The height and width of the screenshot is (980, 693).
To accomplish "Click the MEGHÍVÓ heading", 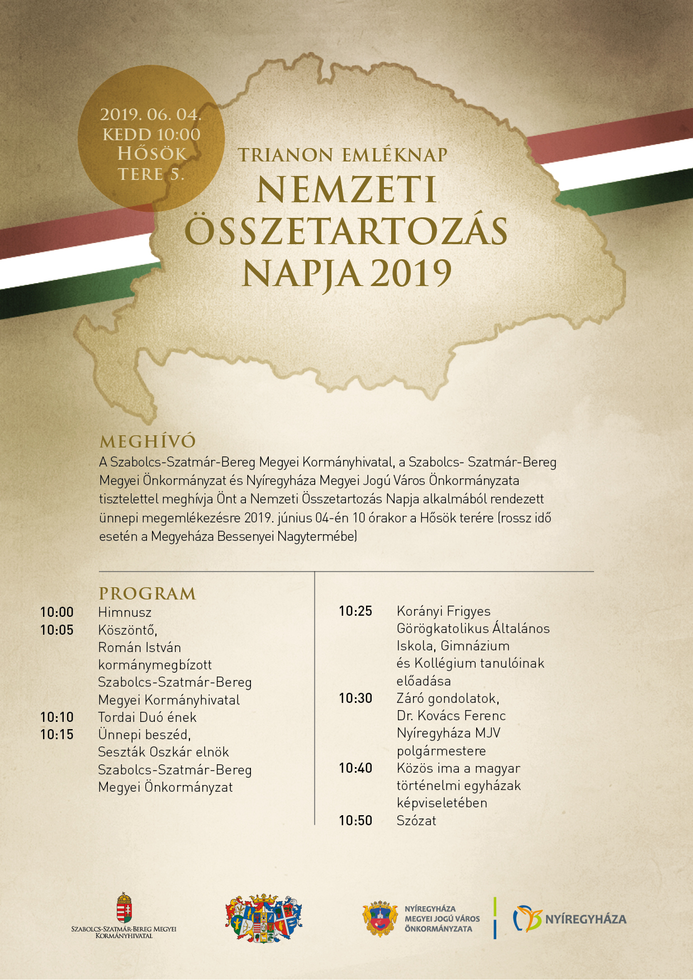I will point(148,442).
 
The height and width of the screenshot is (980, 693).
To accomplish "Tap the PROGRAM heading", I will point(148,593).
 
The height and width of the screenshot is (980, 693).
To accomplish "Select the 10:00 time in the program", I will point(57,612).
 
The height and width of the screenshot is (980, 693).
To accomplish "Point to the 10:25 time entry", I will point(355,611).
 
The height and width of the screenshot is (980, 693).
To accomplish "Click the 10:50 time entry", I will point(355,821).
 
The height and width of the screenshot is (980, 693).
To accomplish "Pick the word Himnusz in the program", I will point(125,612).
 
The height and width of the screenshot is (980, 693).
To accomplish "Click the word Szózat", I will point(416,821).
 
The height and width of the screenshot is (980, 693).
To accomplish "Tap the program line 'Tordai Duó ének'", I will point(148,717).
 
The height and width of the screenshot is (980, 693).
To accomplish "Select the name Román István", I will point(140,648).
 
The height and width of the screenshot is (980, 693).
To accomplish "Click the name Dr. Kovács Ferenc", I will point(451,716).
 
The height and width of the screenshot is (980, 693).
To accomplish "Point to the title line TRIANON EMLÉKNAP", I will point(343,155).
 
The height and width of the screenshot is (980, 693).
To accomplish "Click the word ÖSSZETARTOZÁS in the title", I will point(346,232).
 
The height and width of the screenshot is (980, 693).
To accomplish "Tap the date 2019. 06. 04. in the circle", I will point(150,115).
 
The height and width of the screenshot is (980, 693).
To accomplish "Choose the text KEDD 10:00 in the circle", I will point(151,135).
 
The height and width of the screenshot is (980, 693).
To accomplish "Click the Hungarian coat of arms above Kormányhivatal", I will point(124,907).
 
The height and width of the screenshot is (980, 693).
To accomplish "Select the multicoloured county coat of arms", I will point(264,919).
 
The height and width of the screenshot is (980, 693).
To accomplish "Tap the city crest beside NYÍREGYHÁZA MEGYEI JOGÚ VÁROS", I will point(380,919).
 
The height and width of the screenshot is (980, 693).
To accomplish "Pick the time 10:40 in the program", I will point(355,768).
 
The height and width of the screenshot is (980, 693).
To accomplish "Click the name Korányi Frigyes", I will point(444,611).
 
